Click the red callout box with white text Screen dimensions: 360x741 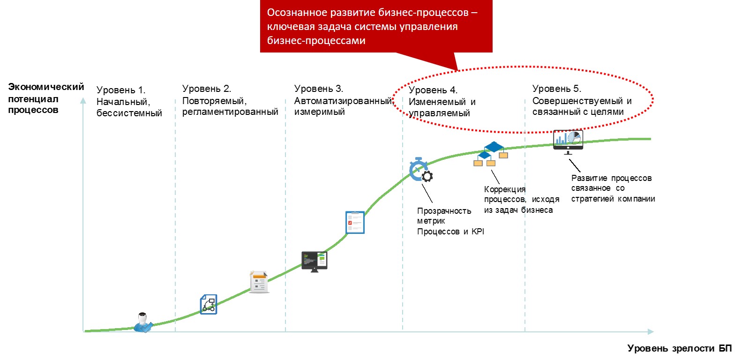coord(376,27)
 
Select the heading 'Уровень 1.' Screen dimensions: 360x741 coord(121,90)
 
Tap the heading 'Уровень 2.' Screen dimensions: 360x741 coord(207,89)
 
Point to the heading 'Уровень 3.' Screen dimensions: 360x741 coord(319,89)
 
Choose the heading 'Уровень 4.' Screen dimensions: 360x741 coord(433,90)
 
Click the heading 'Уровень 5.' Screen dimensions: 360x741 coord(557,89)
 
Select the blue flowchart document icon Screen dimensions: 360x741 coord(209,304)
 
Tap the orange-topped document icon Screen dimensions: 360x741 coord(259,282)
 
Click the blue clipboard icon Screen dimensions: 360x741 coord(355,222)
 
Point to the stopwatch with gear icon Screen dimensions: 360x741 coord(420,170)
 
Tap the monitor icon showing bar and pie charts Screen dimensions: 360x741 coord(568,142)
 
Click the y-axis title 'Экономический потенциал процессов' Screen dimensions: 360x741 coord(45,98)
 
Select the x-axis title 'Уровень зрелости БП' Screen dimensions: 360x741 coord(679,348)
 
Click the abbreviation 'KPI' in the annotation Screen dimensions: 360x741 coord(478,232)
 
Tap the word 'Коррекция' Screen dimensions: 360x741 coord(505,189)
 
